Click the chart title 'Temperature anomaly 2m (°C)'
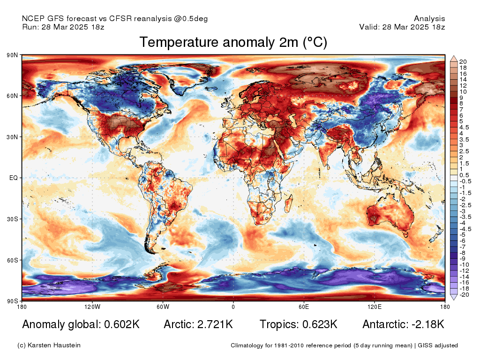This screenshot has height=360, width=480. click(233, 42)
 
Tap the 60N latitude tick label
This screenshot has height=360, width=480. click(12, 96)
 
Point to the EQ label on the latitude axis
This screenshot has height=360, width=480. click(14, 178)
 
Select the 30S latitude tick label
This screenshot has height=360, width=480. click(13, 219)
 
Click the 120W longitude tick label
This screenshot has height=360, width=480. click(92, 307)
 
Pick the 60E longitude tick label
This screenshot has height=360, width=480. click(304, 307)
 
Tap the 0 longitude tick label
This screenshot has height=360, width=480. click(233, 307)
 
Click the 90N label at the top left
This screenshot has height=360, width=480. click(12, 55)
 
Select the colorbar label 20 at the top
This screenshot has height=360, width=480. click(463, 62)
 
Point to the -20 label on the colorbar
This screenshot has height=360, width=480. click(464, 295)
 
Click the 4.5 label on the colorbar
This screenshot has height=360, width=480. click(464, 127)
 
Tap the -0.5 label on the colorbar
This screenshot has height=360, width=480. click(465, 181)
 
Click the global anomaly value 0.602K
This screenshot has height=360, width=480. click(122, 324)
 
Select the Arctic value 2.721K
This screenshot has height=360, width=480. click(215, 324)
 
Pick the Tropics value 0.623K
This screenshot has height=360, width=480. click(320, 324)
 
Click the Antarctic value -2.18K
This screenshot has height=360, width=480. click(428, 324)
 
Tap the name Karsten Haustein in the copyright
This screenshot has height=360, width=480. click(54, 345)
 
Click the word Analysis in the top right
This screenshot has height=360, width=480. click(429, 19)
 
